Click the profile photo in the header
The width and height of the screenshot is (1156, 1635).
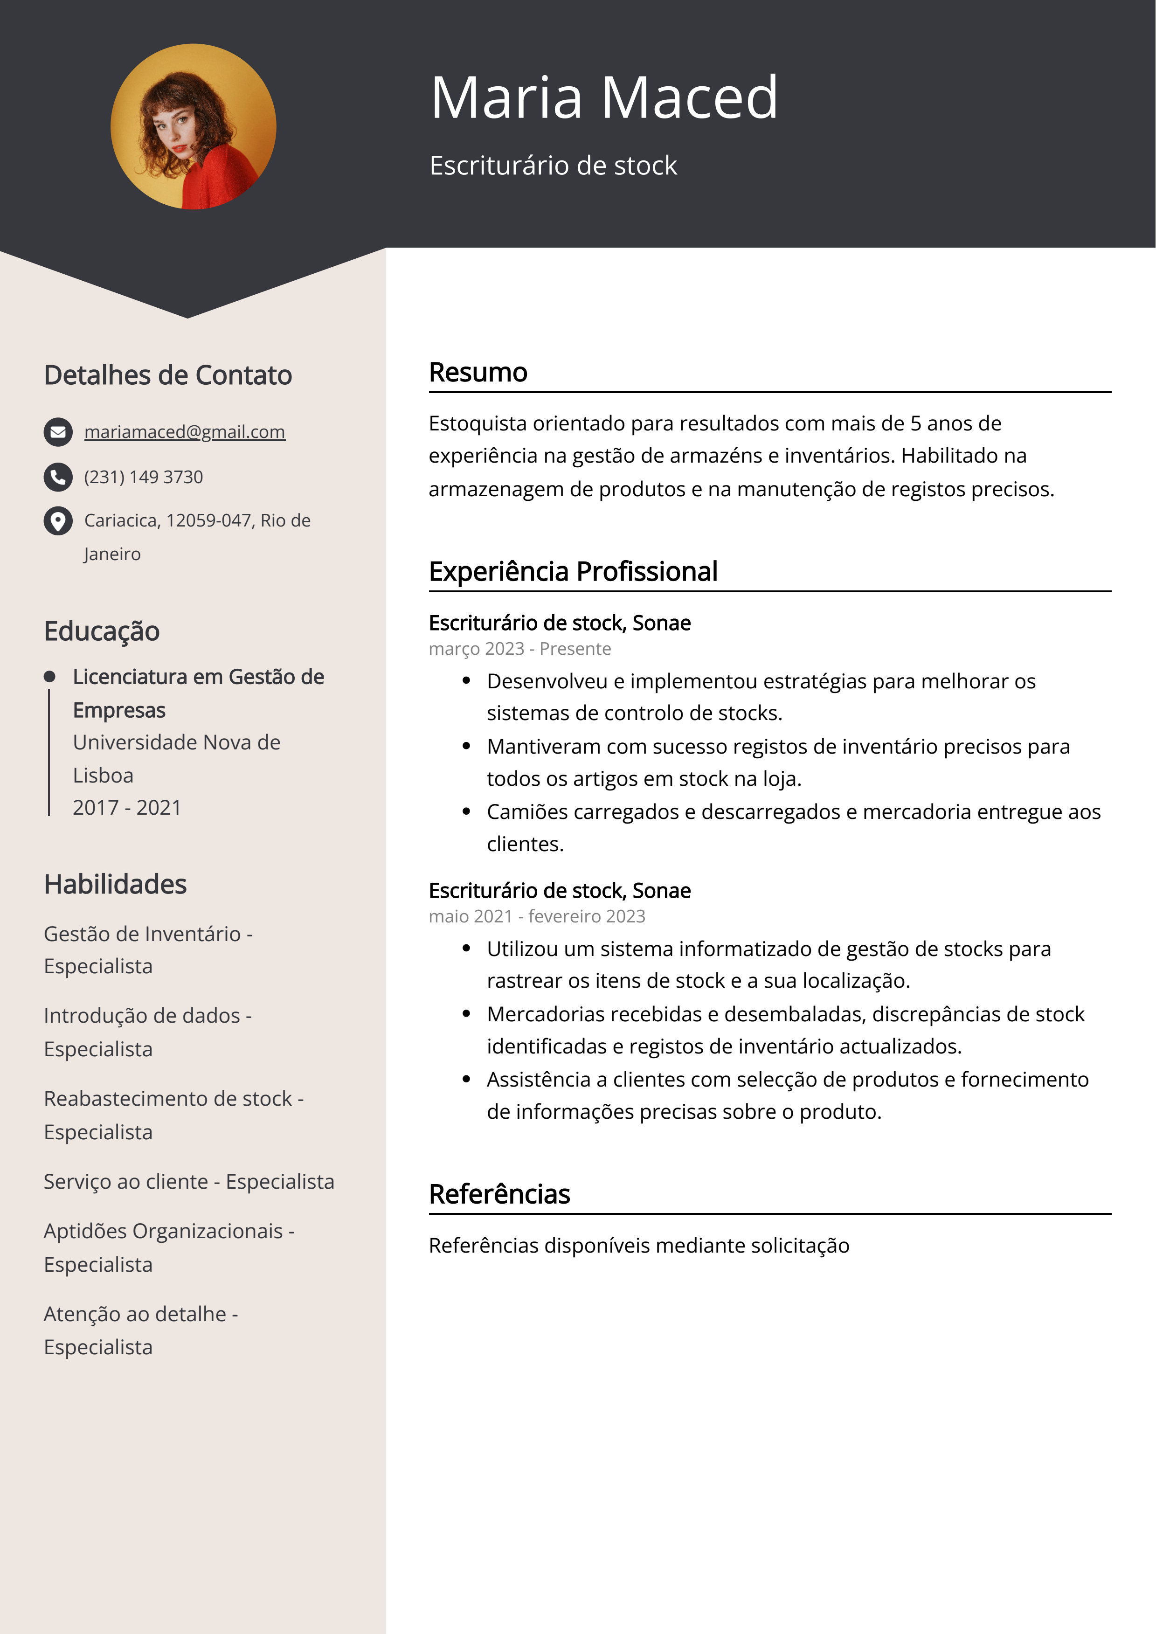point(193,127)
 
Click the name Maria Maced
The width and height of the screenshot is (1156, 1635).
point(603,97)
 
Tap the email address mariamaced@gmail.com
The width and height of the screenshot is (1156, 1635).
point(185,431)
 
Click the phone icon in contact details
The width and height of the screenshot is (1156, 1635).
point(58,477)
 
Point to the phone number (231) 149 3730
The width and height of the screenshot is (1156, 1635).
point(143,477)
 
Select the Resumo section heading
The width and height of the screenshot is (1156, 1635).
point(478,373)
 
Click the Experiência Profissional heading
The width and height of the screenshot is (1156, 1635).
point(573,571)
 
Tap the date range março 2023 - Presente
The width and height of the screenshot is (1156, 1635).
point(519,649)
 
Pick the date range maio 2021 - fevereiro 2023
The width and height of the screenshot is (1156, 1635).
point(536,916)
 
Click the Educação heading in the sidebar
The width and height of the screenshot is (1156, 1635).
point(102,631)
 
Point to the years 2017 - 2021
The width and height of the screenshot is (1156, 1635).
point(127,808)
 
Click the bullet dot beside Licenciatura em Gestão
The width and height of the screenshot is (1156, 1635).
point(49,677)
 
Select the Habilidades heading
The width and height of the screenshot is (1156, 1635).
point(115,885)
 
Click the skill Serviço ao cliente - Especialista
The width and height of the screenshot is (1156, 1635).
point(189,1181)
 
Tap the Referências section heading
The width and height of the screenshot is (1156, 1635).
point(499,1194)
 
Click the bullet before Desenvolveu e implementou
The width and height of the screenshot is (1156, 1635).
point(466,681)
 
